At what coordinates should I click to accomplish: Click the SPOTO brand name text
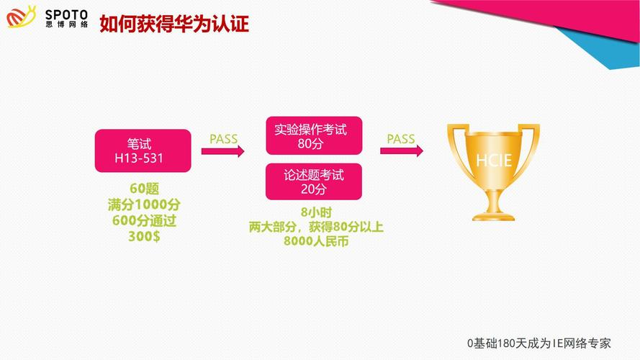pos(66,15)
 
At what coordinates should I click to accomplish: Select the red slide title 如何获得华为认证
pos(174,24)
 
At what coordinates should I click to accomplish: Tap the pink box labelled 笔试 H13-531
pos(143,150)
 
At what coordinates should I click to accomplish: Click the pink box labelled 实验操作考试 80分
pos(314,135)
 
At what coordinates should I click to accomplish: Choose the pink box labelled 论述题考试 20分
pos(313,181)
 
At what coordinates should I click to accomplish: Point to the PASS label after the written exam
pos(223,139)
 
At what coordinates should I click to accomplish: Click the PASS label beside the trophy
pos(401,139)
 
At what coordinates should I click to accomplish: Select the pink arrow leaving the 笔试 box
pos(223,151)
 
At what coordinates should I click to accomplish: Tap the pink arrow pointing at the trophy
pos(402,151)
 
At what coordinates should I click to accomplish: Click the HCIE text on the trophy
pos(494,161)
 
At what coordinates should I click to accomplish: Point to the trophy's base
pos(493,215)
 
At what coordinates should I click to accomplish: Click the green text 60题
pos(144,189)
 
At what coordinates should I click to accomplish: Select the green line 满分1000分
pos(144,204)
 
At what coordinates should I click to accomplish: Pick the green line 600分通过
pos(144,220)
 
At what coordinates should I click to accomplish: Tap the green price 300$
pos(144,236)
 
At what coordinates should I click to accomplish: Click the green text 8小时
pos(316,212)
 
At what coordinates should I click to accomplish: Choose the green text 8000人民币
pos(316,241)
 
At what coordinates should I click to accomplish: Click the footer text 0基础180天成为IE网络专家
pos(538,343)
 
